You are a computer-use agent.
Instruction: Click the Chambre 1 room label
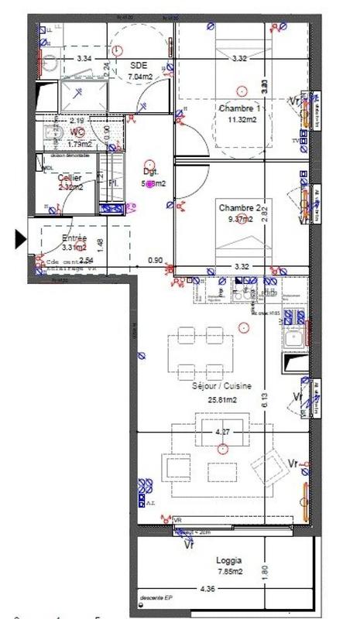point(239,108)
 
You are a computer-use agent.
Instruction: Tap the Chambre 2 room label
point(239,207)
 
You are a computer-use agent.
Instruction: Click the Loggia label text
point(229,560)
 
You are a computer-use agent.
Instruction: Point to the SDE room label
point(139,65)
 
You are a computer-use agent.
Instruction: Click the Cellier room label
point(70,177)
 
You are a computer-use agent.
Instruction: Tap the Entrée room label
point(74,238)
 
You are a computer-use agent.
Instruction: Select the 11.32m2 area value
point(241,120)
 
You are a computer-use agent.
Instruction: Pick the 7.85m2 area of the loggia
point(229,573)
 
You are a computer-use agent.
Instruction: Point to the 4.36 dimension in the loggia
point(187,590)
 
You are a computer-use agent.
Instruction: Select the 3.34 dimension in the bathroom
point(84,58)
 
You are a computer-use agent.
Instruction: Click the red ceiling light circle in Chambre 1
point(242,89)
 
